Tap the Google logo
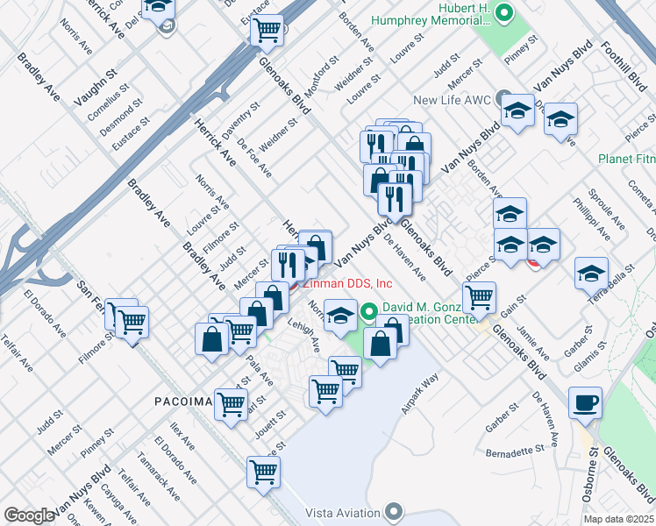[x=29, y=515]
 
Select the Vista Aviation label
[x=345, y=512]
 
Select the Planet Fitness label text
[x=626, y=159]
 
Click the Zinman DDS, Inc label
[x=347, y=283]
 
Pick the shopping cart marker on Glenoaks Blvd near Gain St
[x=479, y=297]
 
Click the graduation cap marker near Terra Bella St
[x=592, y=273]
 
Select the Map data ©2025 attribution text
[x=619, y=519]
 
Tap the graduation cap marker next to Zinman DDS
[x=339, y=316]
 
